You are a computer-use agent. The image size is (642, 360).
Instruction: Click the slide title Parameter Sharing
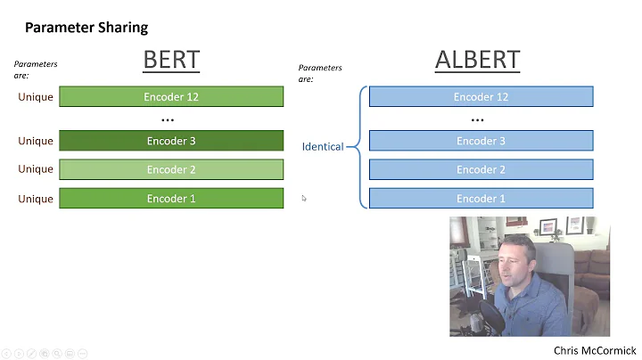(x=86, y=27)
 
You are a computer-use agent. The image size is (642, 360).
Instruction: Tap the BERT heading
(x=171, y=60)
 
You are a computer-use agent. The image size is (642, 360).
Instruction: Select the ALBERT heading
(x=477, y=60)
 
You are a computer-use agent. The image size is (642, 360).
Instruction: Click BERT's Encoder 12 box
(x=171, y=96)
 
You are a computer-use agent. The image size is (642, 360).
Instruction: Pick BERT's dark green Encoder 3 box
(x=171, y=141)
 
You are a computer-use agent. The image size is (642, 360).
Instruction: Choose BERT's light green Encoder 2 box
(x=171, y=169)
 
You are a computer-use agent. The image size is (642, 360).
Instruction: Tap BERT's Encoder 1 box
(x=171, y=198)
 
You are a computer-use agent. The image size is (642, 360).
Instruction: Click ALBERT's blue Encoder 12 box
(x=481, y=96)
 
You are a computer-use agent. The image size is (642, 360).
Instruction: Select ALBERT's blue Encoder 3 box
(x=481, y=141)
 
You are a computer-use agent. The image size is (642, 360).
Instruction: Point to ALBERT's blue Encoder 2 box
(x=481, y=169)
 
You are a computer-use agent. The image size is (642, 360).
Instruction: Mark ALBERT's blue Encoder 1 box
(x=481, y=198)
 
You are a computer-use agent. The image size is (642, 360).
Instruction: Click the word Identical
(x=322, y=146)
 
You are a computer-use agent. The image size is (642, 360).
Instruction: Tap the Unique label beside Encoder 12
(x=36, y=96)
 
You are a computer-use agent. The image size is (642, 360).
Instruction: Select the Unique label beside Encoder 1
(x=36, y=199)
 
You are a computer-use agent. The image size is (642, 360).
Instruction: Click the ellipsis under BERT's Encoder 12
(x=168, y=119)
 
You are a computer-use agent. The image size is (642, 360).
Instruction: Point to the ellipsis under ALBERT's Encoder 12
(x=477, y=119)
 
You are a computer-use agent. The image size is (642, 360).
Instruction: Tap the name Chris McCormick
(x=595, y=350)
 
